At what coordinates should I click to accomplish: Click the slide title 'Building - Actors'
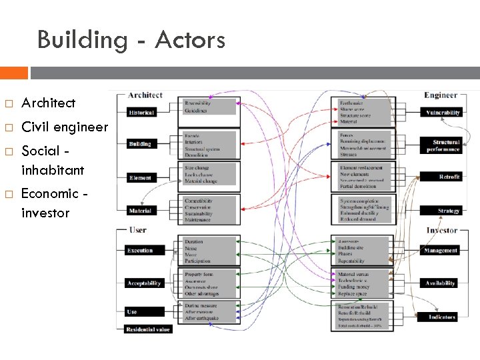pos(131,40)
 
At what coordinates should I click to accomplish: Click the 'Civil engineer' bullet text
pos(64,127)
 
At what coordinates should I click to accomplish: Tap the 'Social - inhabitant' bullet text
pos(53,159)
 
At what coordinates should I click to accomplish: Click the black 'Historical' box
pos(141,113)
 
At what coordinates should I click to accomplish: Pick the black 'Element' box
pos(141,178)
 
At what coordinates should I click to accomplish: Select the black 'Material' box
pos(141,211)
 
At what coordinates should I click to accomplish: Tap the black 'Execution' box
pos(141,251)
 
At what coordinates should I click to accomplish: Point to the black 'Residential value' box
pos(148,329)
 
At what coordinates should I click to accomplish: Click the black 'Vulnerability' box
pos(442,113)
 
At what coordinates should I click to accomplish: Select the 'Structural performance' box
pos(442,145)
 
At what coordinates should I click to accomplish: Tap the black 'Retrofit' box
pos(442,177)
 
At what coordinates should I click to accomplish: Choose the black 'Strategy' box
pos(442,211)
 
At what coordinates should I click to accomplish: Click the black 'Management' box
pos(441,251)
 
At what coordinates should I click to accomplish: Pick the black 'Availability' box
pos(441,283)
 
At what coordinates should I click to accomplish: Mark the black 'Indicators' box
pos(441,317)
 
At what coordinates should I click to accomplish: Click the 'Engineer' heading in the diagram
pos(441,95)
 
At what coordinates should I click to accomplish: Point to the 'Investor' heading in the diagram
pos(442,231)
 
